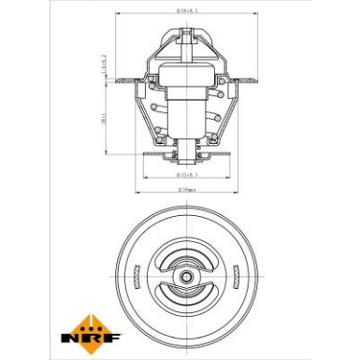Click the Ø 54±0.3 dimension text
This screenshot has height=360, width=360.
pyautogui.click(x=188, y=10)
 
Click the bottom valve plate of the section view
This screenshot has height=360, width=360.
pyautogui.click(x=188, y=151)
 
